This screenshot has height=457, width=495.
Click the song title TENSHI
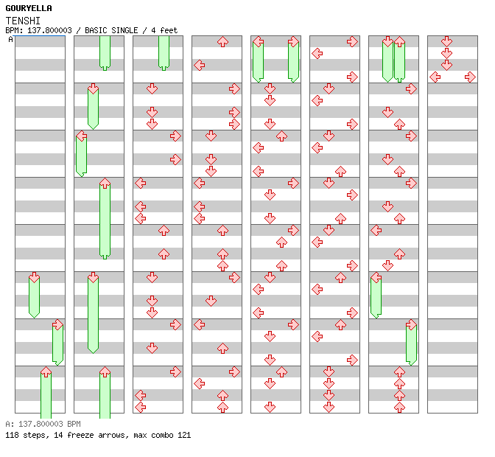(x=23, y=21)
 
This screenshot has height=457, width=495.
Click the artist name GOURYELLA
(x=29, y=8)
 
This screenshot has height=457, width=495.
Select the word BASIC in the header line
(x=96, y=30)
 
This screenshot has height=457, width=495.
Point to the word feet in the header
(x=169, y=30)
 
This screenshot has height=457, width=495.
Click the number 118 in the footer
(x=12, y=435)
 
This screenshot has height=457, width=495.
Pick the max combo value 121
(x=184, y=435)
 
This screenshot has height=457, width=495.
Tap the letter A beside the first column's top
(x=10, y=40)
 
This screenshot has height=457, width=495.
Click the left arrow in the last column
(x=435, y=77)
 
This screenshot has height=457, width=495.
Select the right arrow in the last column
(x=470, y=77)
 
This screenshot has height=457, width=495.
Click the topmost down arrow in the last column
(x=446, y=41)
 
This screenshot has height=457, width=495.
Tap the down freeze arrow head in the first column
(x=34, y=277)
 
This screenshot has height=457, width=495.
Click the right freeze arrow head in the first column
(x=57, y=324)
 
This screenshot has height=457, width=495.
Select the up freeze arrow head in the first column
(x=46, y=371)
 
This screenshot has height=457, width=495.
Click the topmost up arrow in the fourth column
(x=222, y=41)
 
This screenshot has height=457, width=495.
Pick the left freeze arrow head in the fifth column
(x=259, y=41)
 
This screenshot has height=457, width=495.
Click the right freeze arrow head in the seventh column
(x=411, y=324)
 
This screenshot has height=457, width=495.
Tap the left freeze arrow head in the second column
(x=82, y=136)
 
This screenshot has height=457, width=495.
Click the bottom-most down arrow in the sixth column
(x=329, y=407)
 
